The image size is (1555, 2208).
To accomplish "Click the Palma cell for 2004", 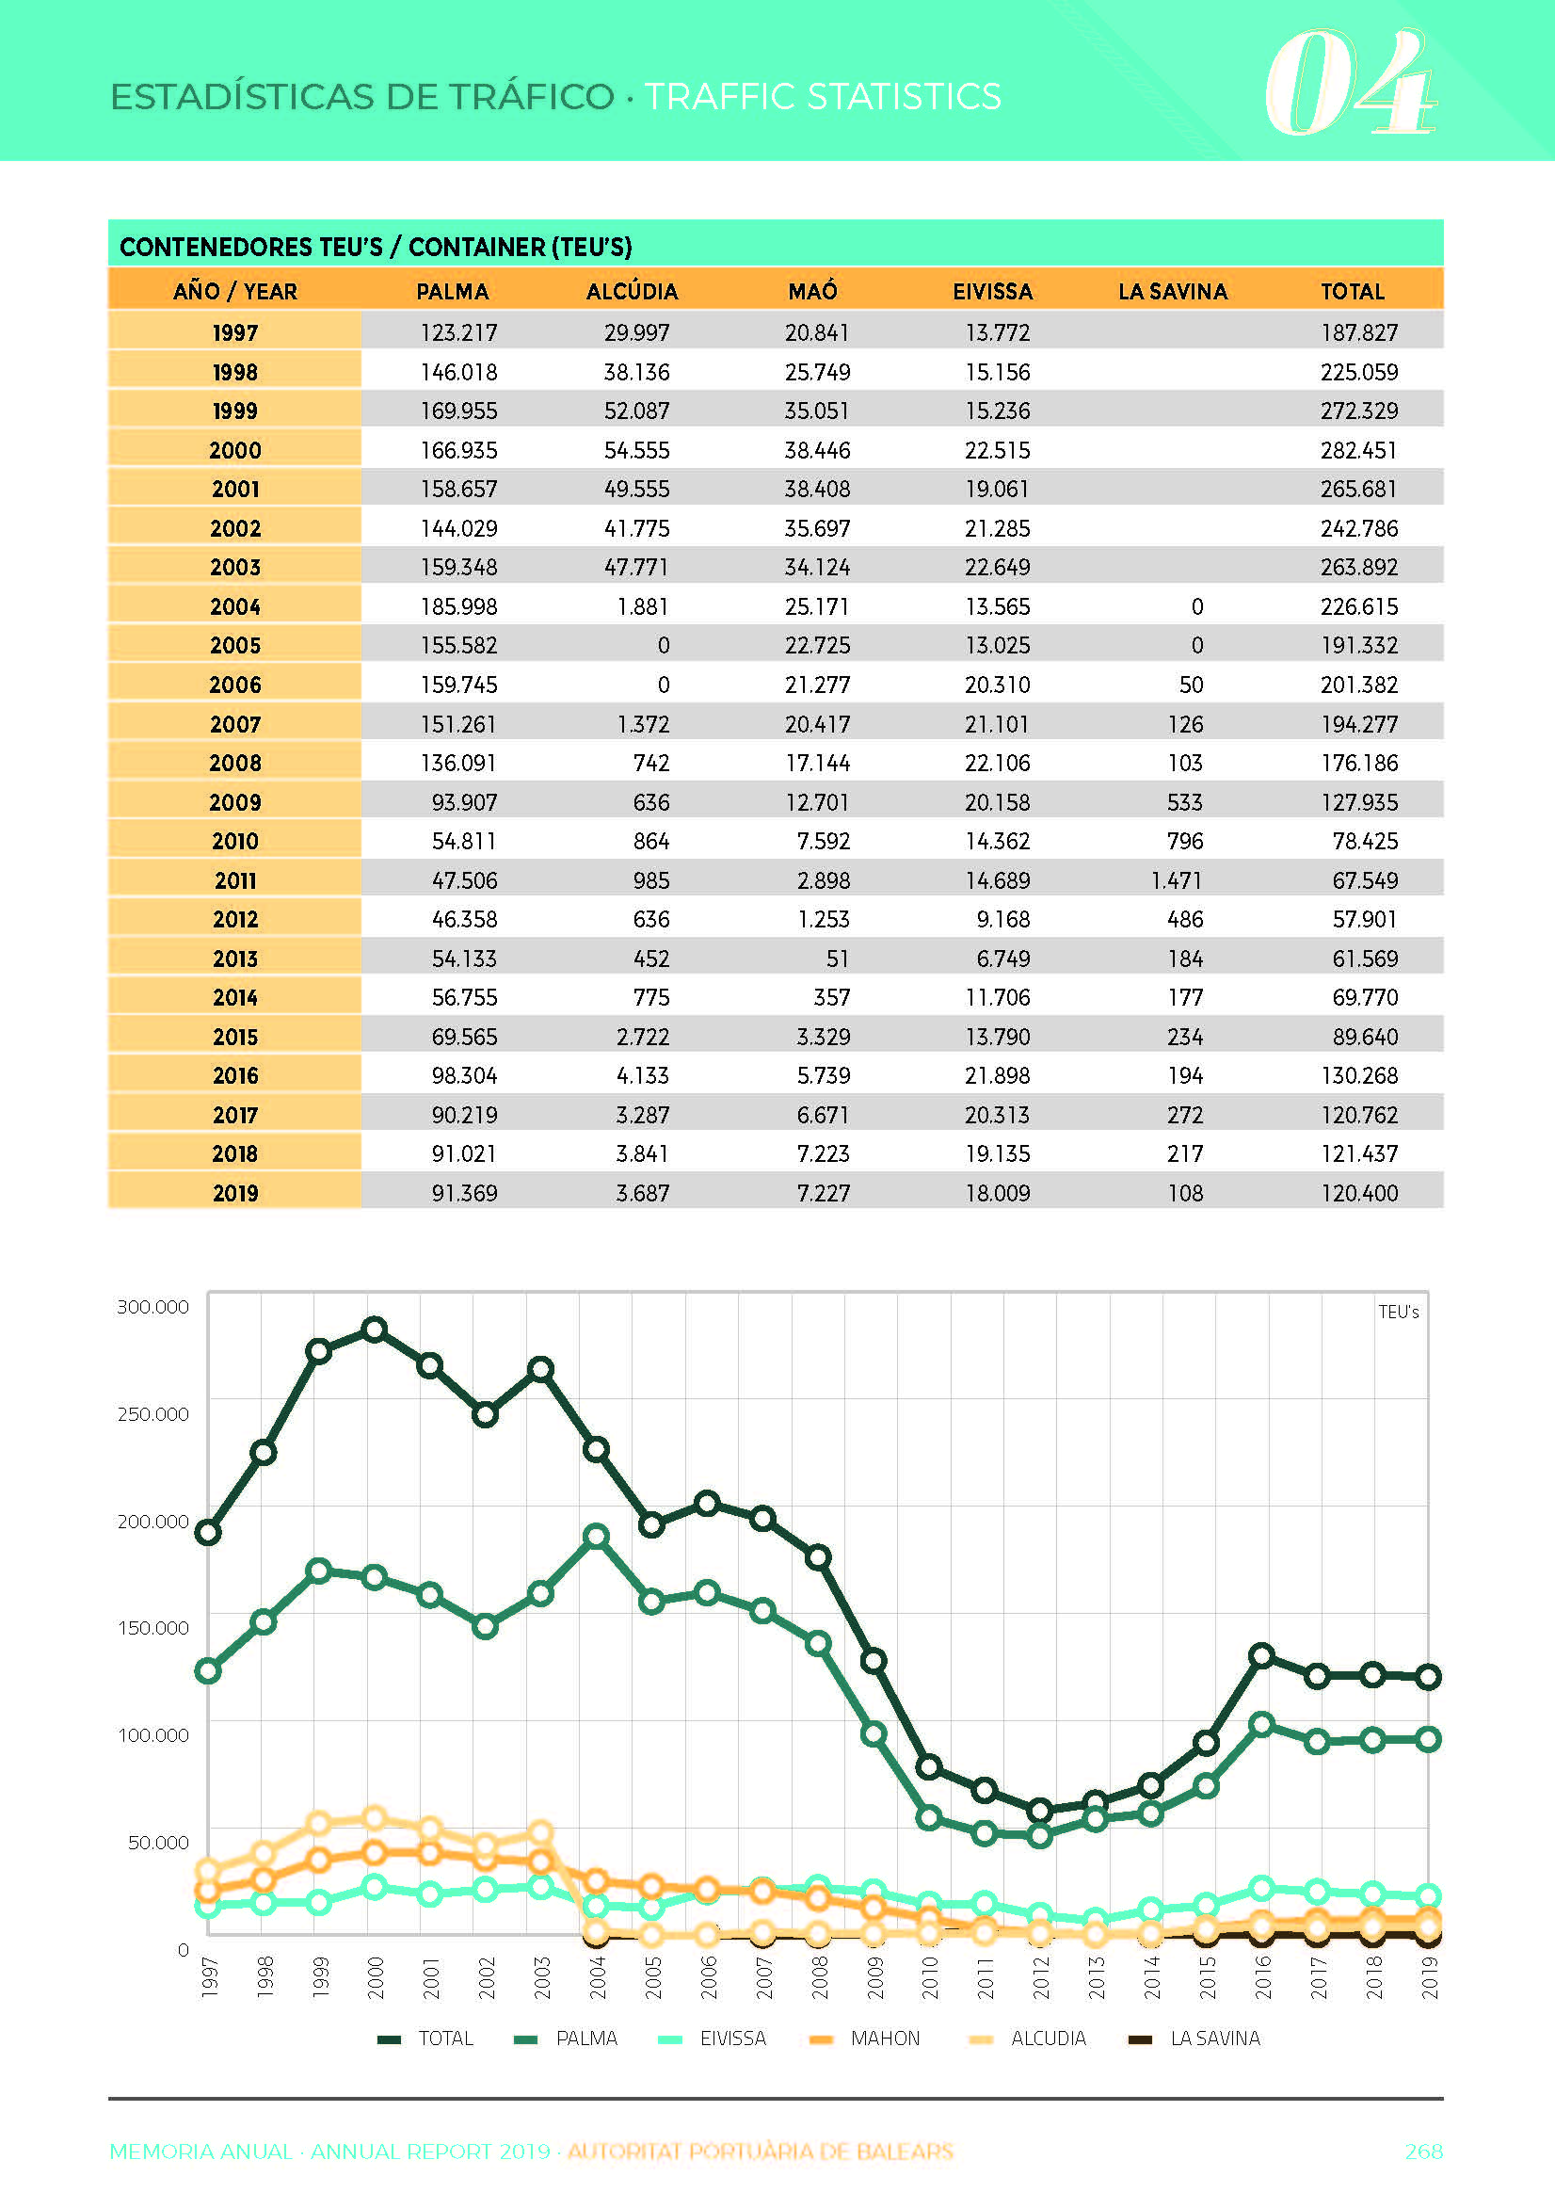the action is [x=458, y=606].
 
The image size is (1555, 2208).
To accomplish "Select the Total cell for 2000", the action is [x=1359, y=450].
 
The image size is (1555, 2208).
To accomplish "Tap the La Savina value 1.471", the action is [x=1176, y=880].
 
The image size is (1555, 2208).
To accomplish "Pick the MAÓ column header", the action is [x=812, y=291].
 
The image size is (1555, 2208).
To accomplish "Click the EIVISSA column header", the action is [x=992, y=291].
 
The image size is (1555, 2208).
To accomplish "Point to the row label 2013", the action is [x=235, y=959].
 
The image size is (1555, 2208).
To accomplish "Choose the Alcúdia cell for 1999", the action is [x=636, y=411].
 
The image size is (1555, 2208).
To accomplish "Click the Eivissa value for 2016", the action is [x=997, y=1075].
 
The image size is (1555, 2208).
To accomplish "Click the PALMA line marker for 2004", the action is [x=596, y=1536].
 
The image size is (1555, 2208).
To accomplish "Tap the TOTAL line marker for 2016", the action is [x=1261, y=1655].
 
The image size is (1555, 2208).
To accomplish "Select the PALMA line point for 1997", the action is [x=208, y=1670].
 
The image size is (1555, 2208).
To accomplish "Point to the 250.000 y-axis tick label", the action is [x=152, y=1413].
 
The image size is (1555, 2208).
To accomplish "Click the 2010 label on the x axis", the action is [x=929, y=1977].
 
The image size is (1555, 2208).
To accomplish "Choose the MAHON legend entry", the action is [x=864, y=2038].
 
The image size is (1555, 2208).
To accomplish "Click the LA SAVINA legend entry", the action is [x=1194, y=2038].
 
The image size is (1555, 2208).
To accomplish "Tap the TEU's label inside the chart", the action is [x=1398, y=1312].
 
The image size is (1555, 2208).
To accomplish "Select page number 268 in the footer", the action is [x=1424, y=2152].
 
